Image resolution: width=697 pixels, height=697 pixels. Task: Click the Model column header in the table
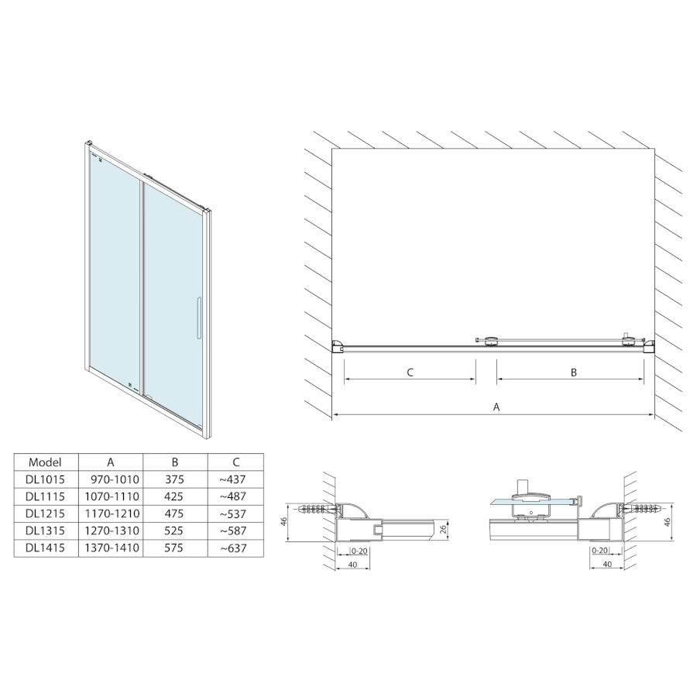pos(43,462)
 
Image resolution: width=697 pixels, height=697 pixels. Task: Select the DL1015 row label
pos(43,479)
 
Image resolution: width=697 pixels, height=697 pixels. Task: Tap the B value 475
pos(175,513)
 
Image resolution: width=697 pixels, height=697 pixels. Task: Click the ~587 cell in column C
pos(233,531)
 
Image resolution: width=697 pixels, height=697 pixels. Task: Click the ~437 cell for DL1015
pos(233,479)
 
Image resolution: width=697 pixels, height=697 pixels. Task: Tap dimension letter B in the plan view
pos(574,373)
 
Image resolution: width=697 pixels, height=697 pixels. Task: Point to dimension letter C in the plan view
pos(410,373)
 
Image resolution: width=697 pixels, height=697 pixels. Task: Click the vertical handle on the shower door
pos(199,317)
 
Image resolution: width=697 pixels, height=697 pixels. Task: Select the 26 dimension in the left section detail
pos(441,530)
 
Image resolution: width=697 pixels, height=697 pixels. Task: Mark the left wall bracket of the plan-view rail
pos(338,345)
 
